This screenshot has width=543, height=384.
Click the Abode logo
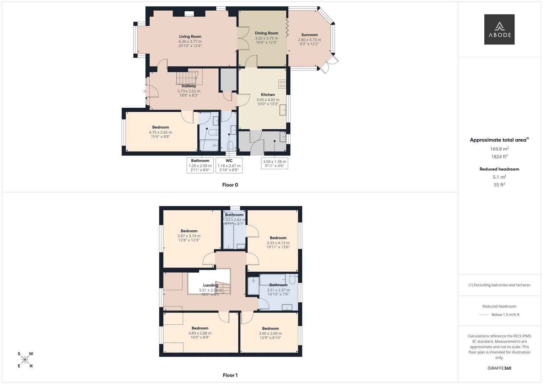[499, 30]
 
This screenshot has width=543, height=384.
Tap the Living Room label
[190, 37]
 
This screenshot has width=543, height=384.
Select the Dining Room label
[266, 33]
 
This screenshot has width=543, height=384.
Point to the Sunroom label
[309, 35]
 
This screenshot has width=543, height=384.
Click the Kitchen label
[268, 95]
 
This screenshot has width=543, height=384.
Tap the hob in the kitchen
[282, 84]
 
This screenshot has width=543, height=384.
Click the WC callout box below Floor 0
[229, 165]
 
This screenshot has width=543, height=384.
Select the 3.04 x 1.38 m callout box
[275, 164]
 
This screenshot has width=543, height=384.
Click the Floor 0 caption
[230, 185]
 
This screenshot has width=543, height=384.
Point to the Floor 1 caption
[230, 375]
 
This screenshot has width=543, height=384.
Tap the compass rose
[25, 360]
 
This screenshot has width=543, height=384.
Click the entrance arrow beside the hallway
[144, 91]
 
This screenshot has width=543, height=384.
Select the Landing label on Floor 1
[211, 285]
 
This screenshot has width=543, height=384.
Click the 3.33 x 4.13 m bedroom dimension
[278, 243]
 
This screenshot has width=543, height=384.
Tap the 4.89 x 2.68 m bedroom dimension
[200, 333]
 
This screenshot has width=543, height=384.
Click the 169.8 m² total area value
[499, 149]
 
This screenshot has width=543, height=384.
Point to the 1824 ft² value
[499, 156]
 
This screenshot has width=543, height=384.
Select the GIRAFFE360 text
[499, 368]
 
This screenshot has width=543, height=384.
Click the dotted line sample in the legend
[484, 315]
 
